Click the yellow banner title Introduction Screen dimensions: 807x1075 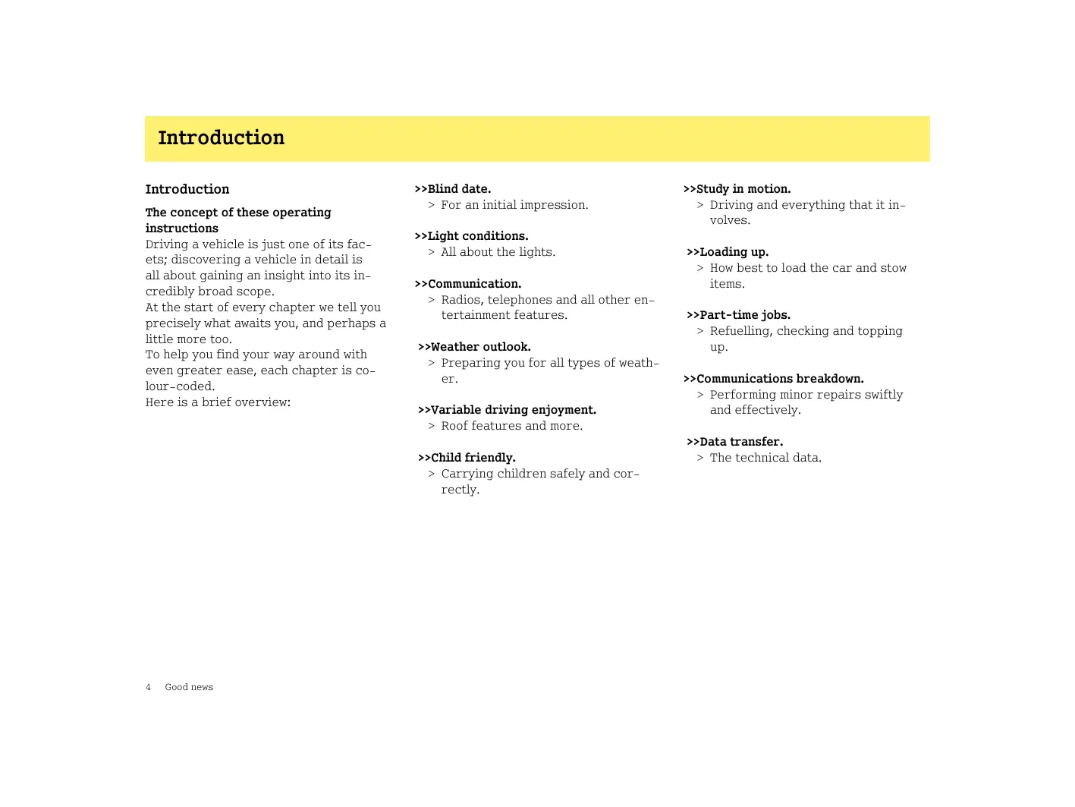pos(221,138)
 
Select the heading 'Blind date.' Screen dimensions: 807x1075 pos(453,189)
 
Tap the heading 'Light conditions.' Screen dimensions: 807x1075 pos(471,236)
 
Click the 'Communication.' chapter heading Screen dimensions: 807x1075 pos(468,284)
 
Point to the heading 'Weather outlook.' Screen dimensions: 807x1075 pos(474,347)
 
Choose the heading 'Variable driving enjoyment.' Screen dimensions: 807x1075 pos(507,410)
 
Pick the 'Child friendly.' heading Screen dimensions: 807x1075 pos(467,458)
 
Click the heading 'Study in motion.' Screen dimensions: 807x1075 pos(737,189)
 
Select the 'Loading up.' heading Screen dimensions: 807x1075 pos(728,252)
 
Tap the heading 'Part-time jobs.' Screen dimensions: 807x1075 pos(738,315)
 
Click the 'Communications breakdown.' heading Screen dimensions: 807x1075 pos(774,379)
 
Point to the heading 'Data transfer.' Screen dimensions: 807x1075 pos(734,442)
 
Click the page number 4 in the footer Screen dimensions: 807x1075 pos(148,687)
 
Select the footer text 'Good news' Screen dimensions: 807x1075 pos(189,687)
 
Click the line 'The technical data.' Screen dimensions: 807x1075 pos(765,458)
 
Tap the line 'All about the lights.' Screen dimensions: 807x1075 pos(498,252)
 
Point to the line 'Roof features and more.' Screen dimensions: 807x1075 pos(512,426)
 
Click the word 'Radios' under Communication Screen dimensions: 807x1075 pos(460,300)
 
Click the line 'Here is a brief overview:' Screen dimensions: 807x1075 pos(218,402)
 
